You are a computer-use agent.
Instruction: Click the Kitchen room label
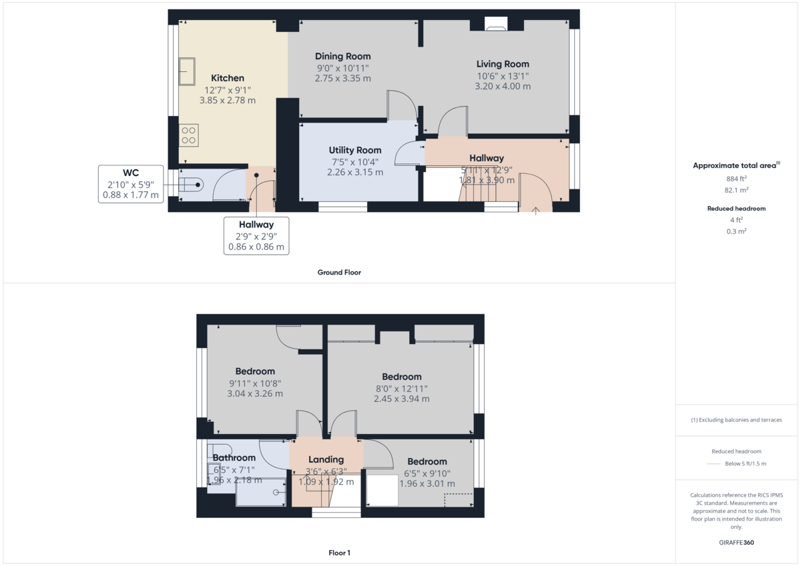click(x=227, y=78)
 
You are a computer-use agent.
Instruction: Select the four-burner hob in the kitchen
click(x=188, y=135)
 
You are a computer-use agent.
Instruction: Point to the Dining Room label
click(x=342, y=57)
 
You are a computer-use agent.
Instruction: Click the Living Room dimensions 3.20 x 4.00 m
click(x=502, y=87)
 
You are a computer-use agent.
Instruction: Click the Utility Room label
click(x=354, y=151)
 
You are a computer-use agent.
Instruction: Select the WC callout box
click(x=131, y=184)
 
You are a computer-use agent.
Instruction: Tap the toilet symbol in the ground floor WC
click(x=192, y=185)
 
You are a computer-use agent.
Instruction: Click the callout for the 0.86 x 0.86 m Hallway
click(x=256, y=235)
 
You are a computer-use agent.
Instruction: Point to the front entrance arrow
click(x=536, y=211)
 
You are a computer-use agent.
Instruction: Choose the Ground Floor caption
click(x=339, y=273)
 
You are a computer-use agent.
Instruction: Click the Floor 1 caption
click(x=339, y=553)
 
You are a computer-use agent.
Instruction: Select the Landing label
click(x=326, y=459)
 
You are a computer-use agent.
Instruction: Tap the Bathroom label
click(x=234, y=458)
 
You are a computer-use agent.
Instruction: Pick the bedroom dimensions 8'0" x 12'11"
click(x=401, y=389)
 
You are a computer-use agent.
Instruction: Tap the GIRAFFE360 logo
click(x=736, y=543)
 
